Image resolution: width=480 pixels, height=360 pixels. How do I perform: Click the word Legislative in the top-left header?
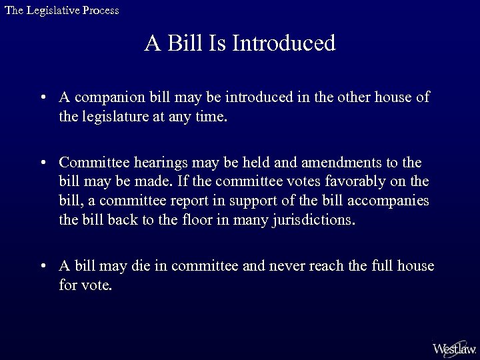51,11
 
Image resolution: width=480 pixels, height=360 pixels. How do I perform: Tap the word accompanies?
393,201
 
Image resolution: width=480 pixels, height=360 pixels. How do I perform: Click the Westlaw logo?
454,347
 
